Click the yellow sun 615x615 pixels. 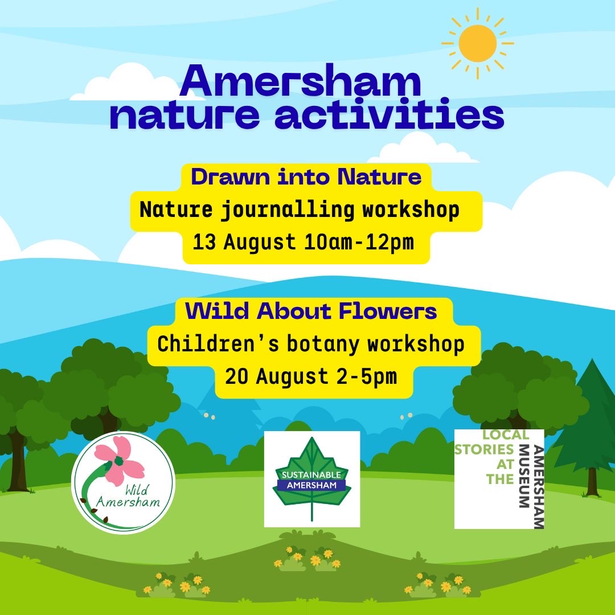click(477, 43)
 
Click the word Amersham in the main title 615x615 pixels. click(301, 81)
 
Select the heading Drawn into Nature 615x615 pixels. click(306, 177)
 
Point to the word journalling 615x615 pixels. click(288, 210)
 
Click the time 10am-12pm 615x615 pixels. click(359, 242)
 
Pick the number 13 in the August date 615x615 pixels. click(204, 242)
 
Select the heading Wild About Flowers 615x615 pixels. click(311, 311)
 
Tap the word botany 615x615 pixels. click(323, 345)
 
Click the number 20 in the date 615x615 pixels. click(237, 376)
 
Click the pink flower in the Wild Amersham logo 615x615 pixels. click(119, 460)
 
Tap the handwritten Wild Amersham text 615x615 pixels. click(128, 497)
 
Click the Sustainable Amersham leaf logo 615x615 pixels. click(312, 479)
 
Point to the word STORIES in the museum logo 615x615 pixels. click(484, 449)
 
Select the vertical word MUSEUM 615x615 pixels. click(524, 476)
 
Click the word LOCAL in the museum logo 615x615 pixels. click(506, 434)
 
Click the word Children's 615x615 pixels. click(218, 344)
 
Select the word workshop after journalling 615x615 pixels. click(411, 210)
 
